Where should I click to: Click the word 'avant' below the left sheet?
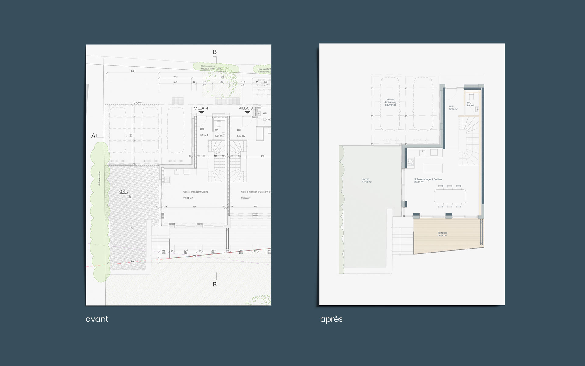click(97, 319)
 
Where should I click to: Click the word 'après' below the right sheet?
click(331, 319)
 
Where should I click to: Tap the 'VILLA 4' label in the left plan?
click(201, 108)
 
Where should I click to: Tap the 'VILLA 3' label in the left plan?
click(245, 108)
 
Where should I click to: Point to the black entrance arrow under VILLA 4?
click(201, 113)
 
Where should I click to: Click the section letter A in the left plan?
click(93, 136)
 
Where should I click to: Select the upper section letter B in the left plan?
click(214, 52)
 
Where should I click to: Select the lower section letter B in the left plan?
click(214, 284)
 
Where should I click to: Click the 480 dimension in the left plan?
click(133, 71)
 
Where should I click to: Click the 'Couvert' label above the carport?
click(138, 103)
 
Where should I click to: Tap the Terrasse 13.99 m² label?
click(442, 234)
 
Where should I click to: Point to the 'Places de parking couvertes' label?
click(390, 102)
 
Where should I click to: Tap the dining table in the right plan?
click(450, 196)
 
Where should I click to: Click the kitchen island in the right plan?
click(433, 168)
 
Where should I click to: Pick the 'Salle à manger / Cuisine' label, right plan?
click(428, 181)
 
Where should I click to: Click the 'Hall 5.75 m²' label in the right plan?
click(453, 108)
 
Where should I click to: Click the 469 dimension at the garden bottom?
click(133, 261)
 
